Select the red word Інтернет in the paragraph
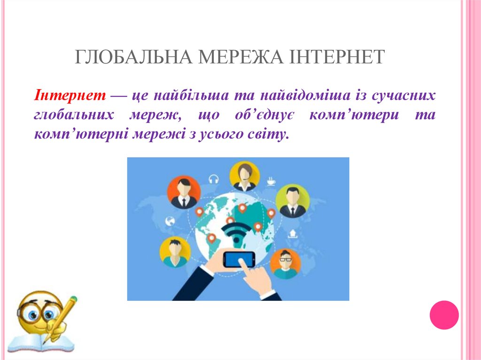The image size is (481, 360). pyautogui.click(x=69, y=96)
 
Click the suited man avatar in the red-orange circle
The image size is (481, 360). pyautogui.click(x=184, y=192)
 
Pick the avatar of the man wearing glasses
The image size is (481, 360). pyautogui.click(x=284, y=263)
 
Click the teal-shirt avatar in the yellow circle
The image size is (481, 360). pyautogui.click(x=175, y=252)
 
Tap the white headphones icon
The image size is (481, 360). pyautogui.click(x=214, y=179)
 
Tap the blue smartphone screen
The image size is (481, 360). pyautogui.click(x=239, y=259)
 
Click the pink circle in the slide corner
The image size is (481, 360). pyautogui.click(x=444, y=314)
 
